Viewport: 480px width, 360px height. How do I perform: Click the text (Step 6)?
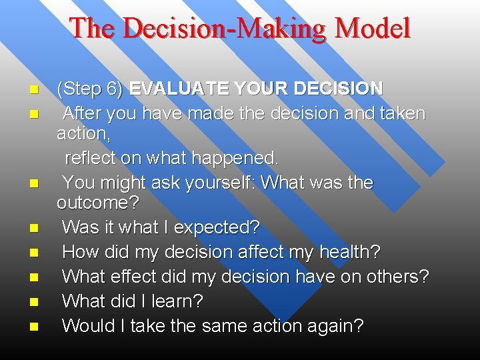(89, 88)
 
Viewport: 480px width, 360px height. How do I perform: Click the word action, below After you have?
(84, 133)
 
